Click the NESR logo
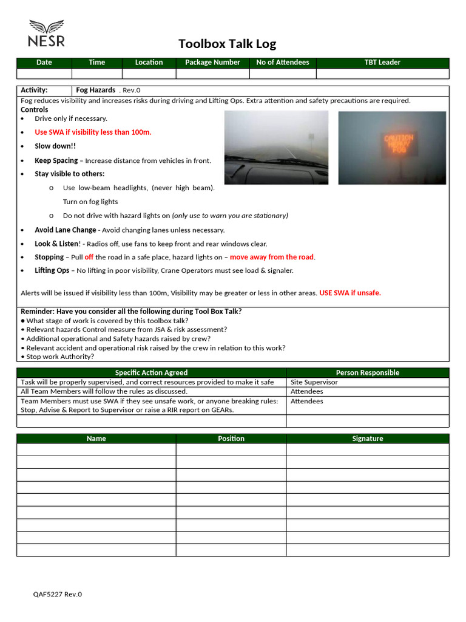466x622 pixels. [46, 33]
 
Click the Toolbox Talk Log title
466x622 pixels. [227, 44]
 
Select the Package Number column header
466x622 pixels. [212, 63]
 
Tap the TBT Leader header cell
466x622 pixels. [382, 63]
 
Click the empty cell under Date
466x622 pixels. [44, 73]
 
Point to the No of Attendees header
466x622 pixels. [282, 63]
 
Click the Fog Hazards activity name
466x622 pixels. [95, 90]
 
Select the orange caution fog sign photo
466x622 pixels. [392, 148]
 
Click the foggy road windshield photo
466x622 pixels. [276, 148]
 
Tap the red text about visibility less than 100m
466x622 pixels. [93, 132]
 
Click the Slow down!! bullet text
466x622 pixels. [55, 146]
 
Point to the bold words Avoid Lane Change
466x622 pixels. [65, 230]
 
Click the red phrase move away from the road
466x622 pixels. [272, 257]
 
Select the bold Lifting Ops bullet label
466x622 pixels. [52, 271]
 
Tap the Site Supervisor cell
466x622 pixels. [314, 382]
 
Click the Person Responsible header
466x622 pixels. [367, 372]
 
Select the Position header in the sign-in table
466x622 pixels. [231, 439]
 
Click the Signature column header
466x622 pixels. [367, 439]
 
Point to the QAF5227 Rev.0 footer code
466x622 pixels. [57, 594]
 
